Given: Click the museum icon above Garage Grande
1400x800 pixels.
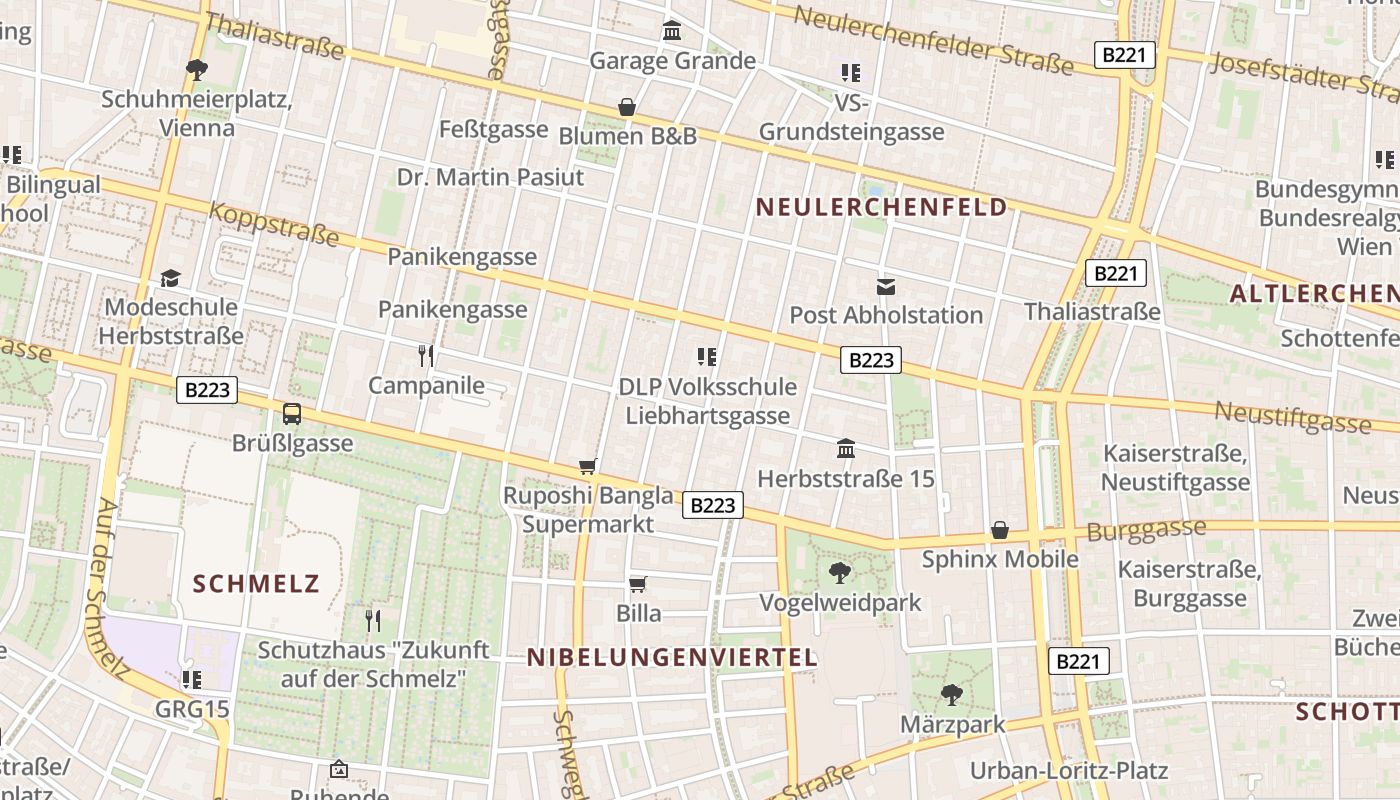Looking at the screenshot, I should tap(672, 31).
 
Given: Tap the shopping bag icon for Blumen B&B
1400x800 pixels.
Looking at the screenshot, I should tap(627, 106).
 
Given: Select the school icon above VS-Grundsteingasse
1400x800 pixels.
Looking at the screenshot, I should tap(851, 72).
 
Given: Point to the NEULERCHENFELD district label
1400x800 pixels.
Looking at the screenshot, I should tap(881, 207).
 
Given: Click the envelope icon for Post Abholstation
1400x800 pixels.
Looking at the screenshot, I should tap(886, 286).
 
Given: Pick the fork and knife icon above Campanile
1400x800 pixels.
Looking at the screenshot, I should tap(426, 355).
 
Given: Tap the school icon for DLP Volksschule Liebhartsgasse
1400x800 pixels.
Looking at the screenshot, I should tap(707, 356).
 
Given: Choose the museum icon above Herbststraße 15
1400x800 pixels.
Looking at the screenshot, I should tap(846, 448).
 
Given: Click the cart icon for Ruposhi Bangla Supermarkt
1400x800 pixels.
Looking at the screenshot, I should tap(588, 466).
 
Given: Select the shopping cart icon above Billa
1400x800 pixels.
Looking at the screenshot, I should tap(637, 583).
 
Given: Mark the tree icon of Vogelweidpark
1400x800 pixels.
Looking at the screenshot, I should tap(840, 573).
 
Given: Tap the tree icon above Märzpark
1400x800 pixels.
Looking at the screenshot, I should tap(952, 694).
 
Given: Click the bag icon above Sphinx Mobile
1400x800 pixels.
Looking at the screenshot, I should tap(999, 530).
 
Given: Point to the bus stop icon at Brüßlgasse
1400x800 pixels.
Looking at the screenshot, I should tap(292, 413).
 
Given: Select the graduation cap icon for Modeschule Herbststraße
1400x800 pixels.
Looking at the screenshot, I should tap(171, 278).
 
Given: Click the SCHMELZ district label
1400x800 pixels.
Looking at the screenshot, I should tap(256, 584).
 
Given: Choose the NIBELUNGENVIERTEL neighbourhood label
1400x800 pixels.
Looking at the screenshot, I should tap(672, 657).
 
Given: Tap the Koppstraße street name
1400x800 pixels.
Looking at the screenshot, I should tap(274, 224).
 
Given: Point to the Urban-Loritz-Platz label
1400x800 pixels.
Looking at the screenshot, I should tap(1068, 771).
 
